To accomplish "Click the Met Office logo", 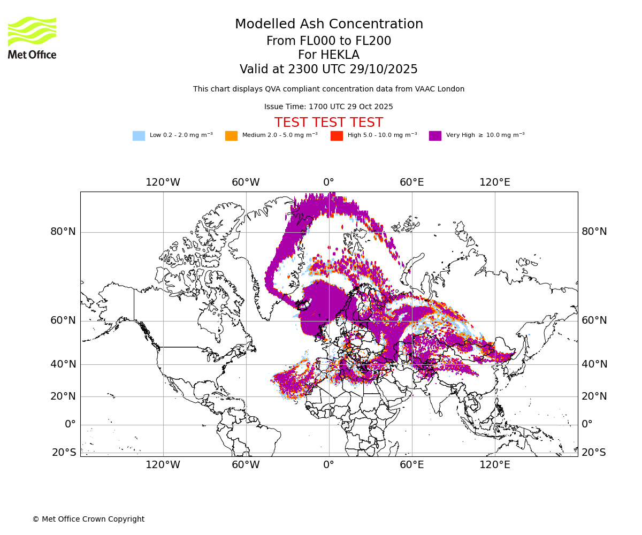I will (32, 38).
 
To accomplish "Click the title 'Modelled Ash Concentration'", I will (328, 25).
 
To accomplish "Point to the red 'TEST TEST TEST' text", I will (328, 123).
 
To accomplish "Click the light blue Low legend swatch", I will (139, 136).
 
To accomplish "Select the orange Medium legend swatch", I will (231, 136).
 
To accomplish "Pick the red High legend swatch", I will (337, 136).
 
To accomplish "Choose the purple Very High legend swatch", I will (435, 136).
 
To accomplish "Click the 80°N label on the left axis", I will (63, 232).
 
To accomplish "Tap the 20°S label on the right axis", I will (594, 453).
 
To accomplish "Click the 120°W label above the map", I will (163, 182).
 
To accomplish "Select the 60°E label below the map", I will (411, 465).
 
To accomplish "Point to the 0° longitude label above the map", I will (328, 182).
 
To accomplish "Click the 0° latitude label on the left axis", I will (70, 424).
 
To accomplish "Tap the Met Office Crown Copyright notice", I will (88, 519).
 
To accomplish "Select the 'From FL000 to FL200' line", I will (328, 41).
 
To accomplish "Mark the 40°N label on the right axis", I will (594, 364).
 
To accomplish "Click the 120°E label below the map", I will (494, 465).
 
